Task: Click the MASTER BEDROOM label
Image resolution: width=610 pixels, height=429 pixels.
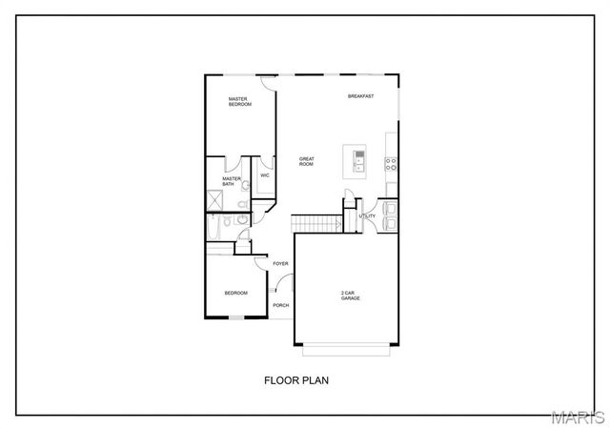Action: click(239, 101)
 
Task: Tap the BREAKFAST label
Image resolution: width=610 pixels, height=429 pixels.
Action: click(360, 96)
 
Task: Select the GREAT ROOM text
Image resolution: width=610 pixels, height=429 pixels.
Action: click(307, 162)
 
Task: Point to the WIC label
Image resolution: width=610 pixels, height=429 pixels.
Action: click(265, 176)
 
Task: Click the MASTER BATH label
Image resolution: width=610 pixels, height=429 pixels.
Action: click(232, 181)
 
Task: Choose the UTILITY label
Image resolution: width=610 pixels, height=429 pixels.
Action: click(367, 216)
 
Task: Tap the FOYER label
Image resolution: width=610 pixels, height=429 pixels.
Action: click(280, 263)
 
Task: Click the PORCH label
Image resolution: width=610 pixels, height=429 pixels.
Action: click(280, 305)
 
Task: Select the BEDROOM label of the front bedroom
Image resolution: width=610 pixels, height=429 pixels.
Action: click(235, 293)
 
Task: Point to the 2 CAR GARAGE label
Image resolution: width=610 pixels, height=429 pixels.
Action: click(351, 296)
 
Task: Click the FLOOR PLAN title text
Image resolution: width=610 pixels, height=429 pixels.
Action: click(296, 379)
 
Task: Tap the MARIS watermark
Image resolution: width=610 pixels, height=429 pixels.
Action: click(579, 417)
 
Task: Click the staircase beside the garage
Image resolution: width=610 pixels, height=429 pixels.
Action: click(316, 223)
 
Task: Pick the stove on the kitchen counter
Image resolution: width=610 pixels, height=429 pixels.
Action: click(391, 163)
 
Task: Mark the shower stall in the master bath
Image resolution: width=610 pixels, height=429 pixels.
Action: click(215, 201)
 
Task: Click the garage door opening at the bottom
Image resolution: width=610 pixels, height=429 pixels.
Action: click(349, 347)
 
